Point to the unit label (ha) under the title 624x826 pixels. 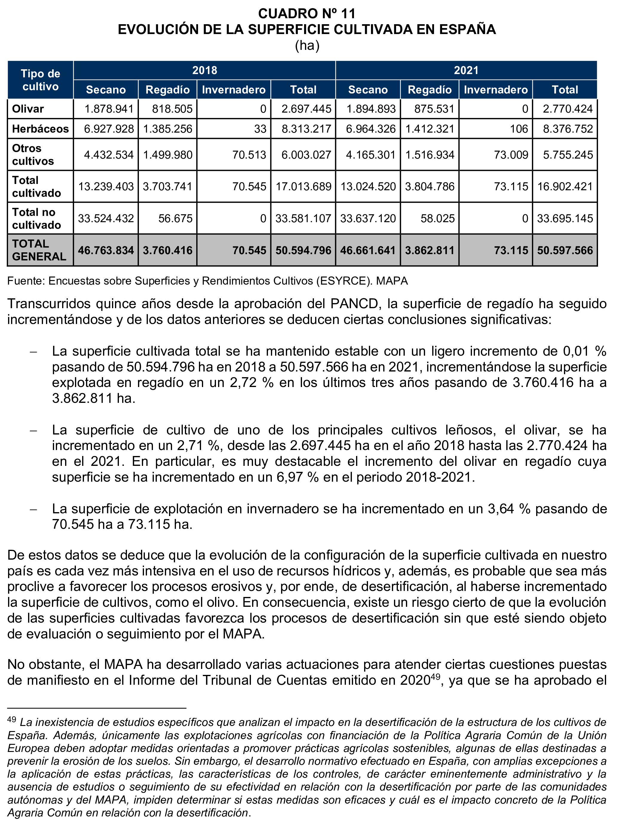(307, 46)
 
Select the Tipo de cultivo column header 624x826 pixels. (40, 80)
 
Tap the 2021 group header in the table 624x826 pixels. (466, 70)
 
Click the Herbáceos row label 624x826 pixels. (40, 129)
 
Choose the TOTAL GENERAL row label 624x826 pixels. (39, 250)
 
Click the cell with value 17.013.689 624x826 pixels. (303, 186)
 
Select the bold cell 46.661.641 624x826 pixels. (367, 250)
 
